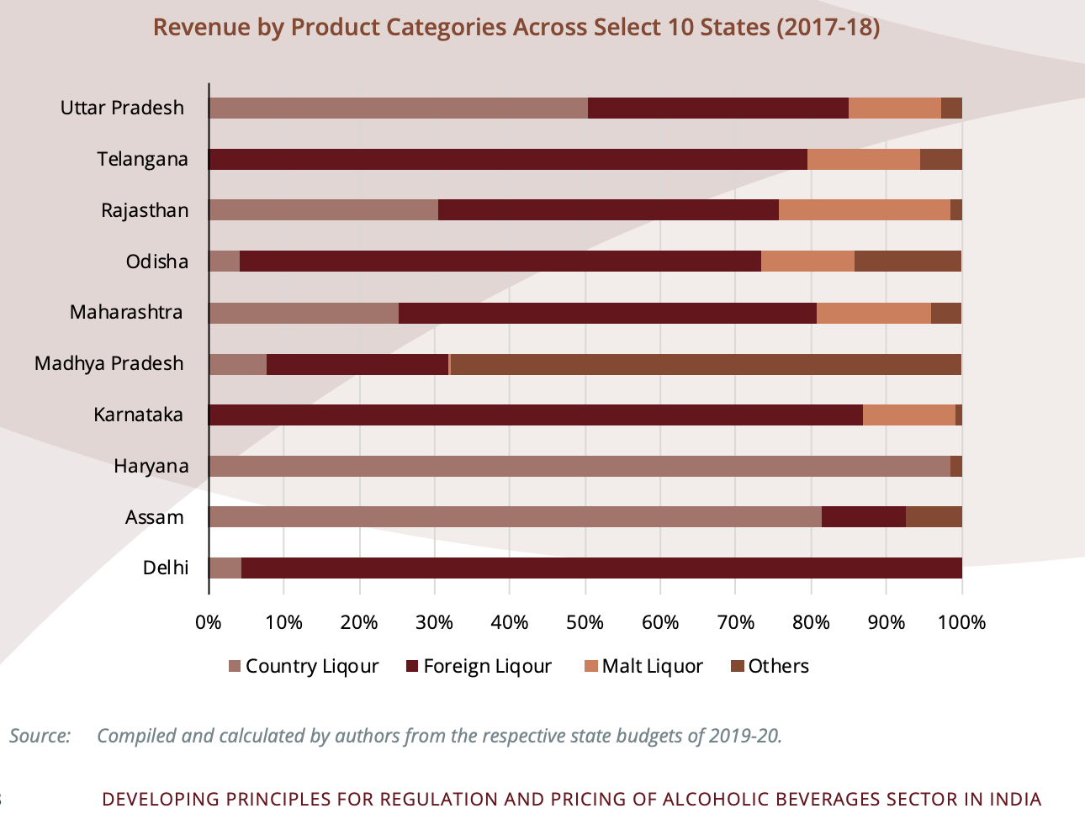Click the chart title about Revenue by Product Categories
[516, 28]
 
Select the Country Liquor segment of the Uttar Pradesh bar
[398, 108]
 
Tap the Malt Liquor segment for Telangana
[863, 159]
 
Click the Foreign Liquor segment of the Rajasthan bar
[608, 210]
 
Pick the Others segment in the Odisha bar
[908, 262]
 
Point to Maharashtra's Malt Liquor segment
[873, 313]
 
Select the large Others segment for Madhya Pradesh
[706, 364]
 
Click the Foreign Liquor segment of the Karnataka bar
[536, 415]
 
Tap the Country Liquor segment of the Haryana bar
[580, 467]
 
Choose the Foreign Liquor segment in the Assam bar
[863, 517]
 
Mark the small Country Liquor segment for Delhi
[225, 568]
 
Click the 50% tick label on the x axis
[585, 623]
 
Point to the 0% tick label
[209, 623]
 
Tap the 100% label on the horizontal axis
[961, 623]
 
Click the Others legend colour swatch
[738, 667]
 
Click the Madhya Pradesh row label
[108, 364]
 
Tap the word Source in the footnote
[40, 736]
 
